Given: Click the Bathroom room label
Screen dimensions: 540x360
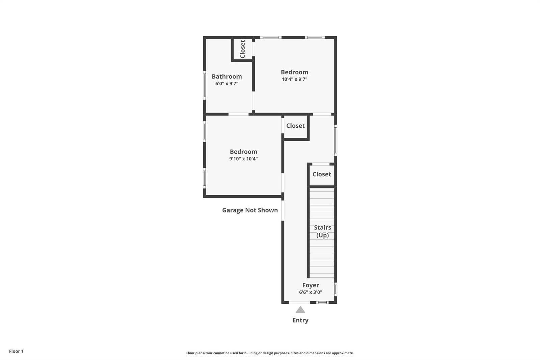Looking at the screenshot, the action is click(x=226, y=76).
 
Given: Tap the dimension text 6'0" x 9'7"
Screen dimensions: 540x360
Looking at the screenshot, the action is click(x=226, y=83).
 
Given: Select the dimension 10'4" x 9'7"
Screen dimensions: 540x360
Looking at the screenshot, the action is click(x=294, y=79).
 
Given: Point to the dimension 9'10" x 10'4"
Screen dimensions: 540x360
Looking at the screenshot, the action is click(x=243, y=159).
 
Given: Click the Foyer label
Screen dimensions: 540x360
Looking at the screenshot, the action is click(x=310, y=285).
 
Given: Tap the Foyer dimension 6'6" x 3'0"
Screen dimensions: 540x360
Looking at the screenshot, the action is click(x=310, y=292).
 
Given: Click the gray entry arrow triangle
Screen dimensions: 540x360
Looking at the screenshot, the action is click(x=300, y=310).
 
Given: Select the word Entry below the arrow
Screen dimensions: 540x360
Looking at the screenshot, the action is click(x=300, y=320).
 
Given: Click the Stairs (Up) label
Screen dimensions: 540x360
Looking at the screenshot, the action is click(x=322, y=231).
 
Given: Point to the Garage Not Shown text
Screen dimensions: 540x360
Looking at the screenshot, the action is click(x=250, y=210).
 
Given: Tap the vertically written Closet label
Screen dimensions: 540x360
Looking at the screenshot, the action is click(x=243, y=49).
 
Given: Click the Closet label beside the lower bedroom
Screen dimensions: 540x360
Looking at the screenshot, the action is click(x=295, y=126).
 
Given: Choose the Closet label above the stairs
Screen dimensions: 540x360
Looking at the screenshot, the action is click(x=322, y=174).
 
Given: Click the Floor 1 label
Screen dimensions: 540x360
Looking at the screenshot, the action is click(x=16, y=351).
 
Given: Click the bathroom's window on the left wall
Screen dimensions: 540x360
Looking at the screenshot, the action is click(x=204, y=85).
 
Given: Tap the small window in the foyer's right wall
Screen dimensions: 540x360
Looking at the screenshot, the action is click(x=335, y=289).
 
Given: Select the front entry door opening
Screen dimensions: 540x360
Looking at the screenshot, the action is click(x=299, y=303).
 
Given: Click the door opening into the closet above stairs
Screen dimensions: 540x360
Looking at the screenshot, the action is click(x=321, y=164).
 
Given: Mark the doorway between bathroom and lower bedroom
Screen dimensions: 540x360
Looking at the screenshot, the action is click(x=238, y=114).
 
